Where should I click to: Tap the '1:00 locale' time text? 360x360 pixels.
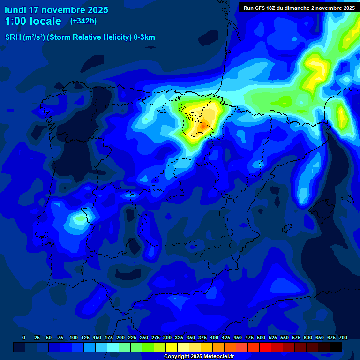pyautogui.click(x=33, y=21)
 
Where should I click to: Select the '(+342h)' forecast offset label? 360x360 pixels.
pyautogui.click(x=83, y=21)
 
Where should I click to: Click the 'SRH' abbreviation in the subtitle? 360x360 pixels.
pyautogui.click(x=13, y=37)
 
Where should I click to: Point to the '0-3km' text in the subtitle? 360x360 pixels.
pyautogui.click(x=144, y=37)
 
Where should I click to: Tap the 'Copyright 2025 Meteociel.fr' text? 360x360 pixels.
pyautogui.click(x=199, y=357)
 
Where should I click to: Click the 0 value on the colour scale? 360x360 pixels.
pyautogui.click(x=24, y=338)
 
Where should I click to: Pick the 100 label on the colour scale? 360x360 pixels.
pyautogui.click(x=74, y=338)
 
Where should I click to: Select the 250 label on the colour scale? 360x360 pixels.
pyautogui.click(x=144, y=338)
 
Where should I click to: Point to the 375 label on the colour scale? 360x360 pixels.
pyautogui.click(x=202, y=338)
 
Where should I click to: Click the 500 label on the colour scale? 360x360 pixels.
pyautogui.click(x=261, y=338)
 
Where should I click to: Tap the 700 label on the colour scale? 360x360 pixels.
pyautogui.click(x=343, y=338)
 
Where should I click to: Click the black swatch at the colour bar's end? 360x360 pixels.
pyautogui.click(x=336, y=347)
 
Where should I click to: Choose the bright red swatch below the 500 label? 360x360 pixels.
pyautogui.click(x=265, y=347)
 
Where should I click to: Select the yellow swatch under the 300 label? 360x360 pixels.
pyautogui.click(x=172, y=347)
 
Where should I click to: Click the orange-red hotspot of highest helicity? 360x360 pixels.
pyautogui.click(x=202, y=126)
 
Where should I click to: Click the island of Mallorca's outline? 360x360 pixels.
pyautogui.click(x=323, y=207)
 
